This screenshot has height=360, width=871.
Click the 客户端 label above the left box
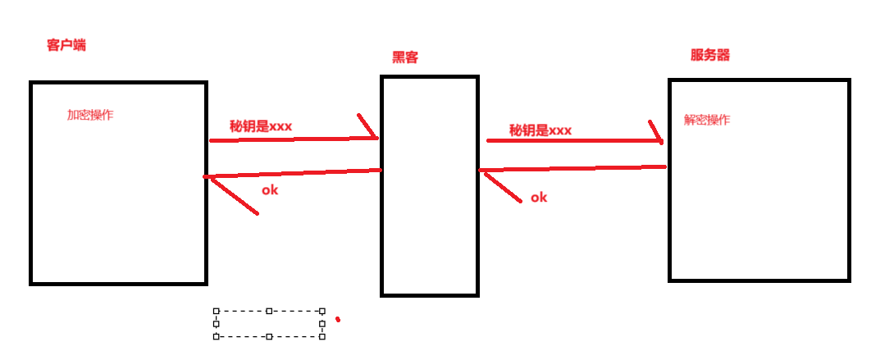tap(66, 45)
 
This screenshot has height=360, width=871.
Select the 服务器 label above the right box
tap(710, 55)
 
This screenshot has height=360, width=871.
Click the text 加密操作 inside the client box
tap(90, 115)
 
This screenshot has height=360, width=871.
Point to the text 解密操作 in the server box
tap(707, 120)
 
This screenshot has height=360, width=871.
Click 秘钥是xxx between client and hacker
tap(261, 125)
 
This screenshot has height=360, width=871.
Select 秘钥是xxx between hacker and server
tap(540, 130)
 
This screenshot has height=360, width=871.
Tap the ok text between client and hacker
tap(271, 190)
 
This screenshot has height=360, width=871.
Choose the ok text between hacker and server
tap(539, 198)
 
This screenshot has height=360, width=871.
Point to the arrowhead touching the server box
tap(656, 134)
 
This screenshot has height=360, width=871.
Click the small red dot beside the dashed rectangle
tap(338, 319)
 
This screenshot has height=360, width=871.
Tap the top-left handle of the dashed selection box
tap(216, 311)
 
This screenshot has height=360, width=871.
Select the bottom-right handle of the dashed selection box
tap(322, 336)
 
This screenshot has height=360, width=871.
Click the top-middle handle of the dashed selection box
tap(269, 311)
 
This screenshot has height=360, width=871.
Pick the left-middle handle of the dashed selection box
tap(216, 324)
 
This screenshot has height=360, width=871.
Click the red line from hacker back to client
tap(295, 173)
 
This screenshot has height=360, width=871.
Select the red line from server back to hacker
tap(574, 168)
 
